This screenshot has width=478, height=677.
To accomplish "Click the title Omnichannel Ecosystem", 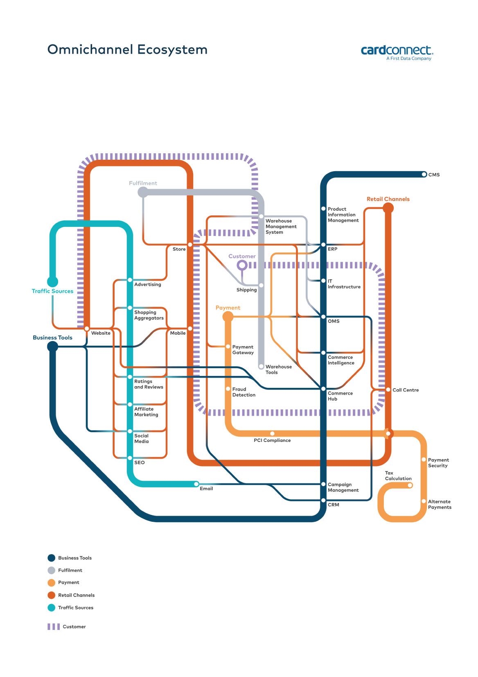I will click(127, 50).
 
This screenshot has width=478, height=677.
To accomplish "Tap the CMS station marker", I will click(424, 174).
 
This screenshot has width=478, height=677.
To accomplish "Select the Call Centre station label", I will click(406, 390).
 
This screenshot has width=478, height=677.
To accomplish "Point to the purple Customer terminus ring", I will click(242, 265).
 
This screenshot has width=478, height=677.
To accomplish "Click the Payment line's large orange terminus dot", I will click(228, 317).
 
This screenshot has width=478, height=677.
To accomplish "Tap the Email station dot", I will click(196, 484).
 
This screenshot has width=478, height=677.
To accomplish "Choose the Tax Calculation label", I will click(398, 475).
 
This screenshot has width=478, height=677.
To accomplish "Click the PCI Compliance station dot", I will click(272, 433).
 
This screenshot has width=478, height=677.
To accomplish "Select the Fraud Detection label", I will click(244, 392).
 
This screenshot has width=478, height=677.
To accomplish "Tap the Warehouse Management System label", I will click(281, 226).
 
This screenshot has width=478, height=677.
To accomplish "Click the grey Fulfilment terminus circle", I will click(143, 192).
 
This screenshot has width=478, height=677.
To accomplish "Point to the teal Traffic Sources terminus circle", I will click(52, 281).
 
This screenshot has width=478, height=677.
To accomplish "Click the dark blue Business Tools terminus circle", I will click(52, 346).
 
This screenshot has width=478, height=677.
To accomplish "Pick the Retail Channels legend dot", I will click(51, 595).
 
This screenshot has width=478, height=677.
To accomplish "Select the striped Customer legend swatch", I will click(54, 627).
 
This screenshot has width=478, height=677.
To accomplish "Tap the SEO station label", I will click(140, 462).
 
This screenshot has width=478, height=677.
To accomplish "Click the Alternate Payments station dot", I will click(424, 501).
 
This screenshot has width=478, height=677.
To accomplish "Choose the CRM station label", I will click(333, 505).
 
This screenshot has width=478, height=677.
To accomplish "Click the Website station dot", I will click(87, 328).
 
